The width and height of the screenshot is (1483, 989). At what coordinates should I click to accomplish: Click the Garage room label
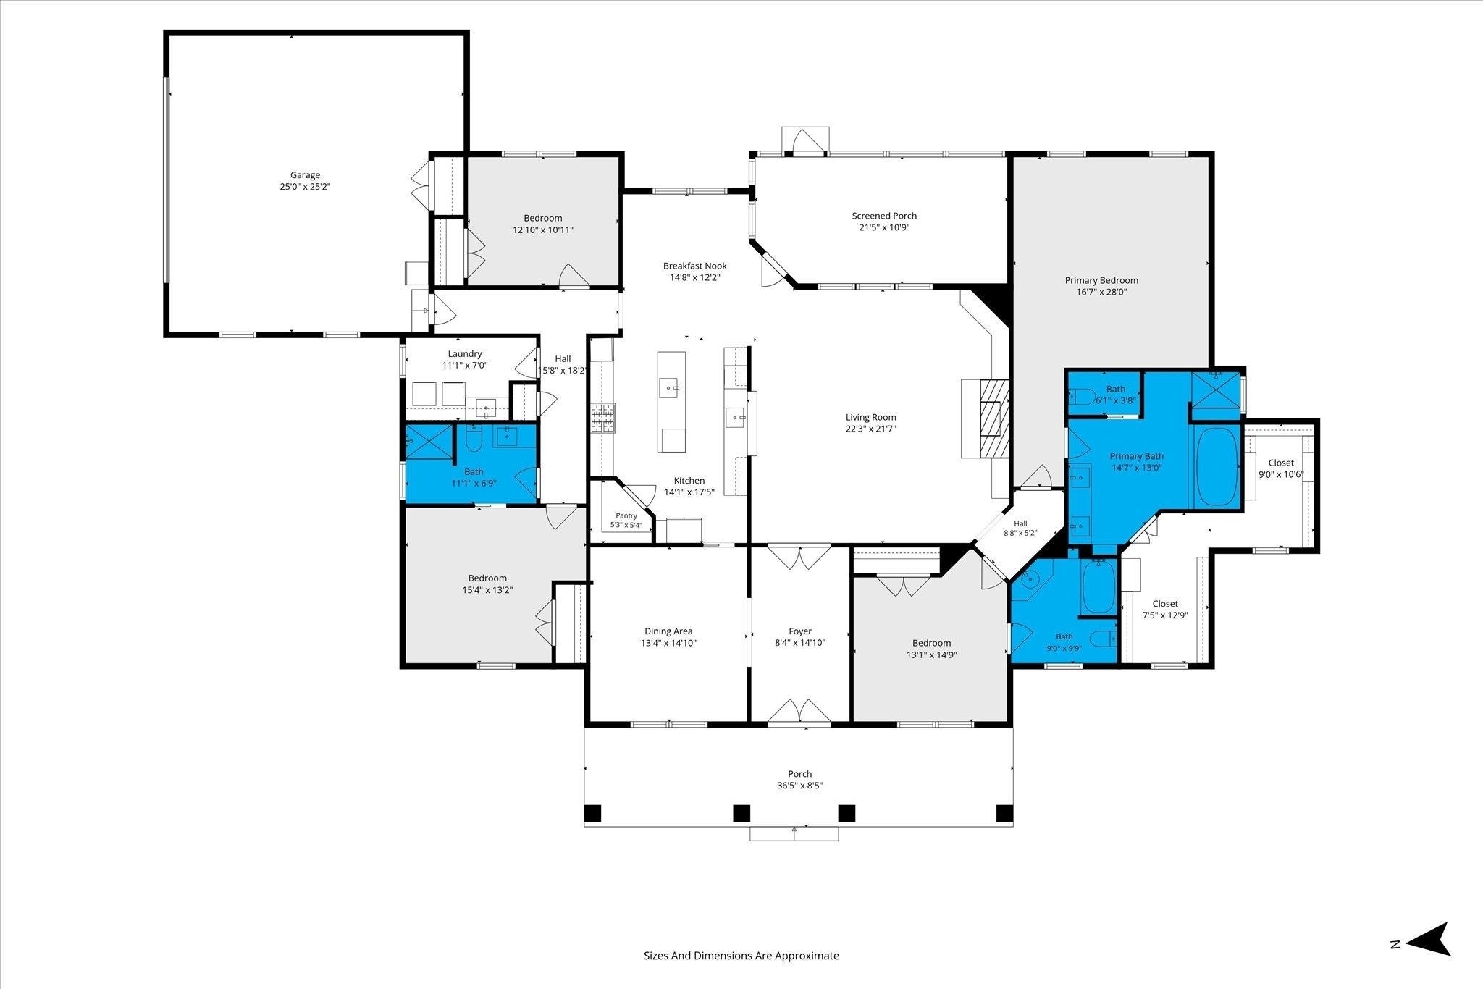tap(305, 175)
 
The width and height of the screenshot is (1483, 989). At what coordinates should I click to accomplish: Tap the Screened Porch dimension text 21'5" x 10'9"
tap(884, 227)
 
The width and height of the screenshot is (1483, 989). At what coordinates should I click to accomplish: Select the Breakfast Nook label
tap(695, 266)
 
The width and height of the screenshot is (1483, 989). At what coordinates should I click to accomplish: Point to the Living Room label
tap(871, 417)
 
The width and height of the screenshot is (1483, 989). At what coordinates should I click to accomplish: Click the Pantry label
tap(626, 515)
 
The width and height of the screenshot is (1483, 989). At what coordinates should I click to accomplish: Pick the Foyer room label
tap(800, 631)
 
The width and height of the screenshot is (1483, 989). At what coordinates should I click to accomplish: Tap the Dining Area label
tap(668, 631)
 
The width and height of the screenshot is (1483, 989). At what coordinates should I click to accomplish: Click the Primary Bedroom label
tap(1101, 280)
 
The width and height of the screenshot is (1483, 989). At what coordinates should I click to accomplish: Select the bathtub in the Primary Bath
tap(1217, 467)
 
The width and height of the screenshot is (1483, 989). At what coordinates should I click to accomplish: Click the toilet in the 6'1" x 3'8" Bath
tap(1083, 397)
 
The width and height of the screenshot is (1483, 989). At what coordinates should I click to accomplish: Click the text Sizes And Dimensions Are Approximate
tap(741, 956)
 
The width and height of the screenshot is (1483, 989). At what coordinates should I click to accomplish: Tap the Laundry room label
tap(465, 354)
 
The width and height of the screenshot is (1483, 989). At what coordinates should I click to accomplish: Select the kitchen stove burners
tap(602, 418)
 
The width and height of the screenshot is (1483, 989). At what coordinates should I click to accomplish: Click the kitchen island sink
tap(670, 388)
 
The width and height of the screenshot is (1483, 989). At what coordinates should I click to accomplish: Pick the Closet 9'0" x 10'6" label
tap(1281, 463)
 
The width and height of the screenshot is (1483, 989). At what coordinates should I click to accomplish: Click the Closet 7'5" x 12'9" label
tap(1165, 604)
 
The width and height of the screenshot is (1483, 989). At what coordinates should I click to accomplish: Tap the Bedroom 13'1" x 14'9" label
tap(931, 643)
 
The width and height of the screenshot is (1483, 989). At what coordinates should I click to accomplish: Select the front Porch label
tap(800, 774)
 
